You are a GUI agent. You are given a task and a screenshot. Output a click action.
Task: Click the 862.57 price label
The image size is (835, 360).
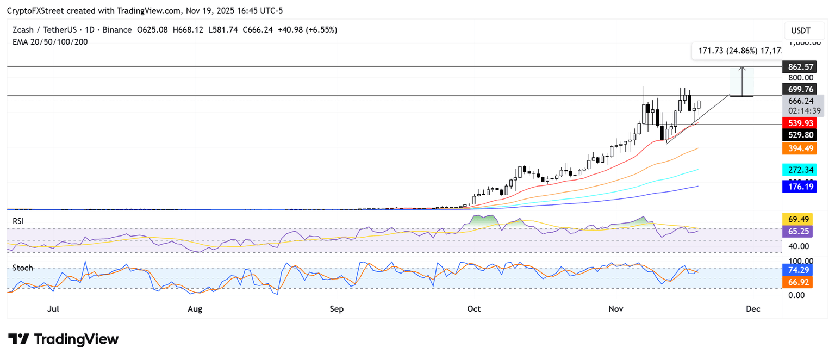(x=801, y=67)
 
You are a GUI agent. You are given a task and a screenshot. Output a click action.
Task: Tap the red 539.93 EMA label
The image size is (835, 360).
(x=797, y=123)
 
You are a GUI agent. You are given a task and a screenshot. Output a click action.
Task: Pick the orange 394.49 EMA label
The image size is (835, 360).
(x=797, y=148)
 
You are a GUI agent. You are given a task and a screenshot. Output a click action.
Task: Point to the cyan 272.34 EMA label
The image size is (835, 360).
(x=797, y=170)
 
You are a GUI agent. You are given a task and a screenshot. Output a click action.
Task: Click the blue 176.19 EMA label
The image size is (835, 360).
(x=797, y=187)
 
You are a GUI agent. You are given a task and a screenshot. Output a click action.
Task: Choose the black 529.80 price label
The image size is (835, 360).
(x=797, y=135)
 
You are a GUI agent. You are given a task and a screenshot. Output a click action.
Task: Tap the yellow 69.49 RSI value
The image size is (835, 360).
(x=797, y=219)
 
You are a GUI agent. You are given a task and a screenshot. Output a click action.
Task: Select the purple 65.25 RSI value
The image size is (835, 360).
(x=797, y=231)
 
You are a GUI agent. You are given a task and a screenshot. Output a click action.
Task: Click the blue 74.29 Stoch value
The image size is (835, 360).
(x=797, y=270)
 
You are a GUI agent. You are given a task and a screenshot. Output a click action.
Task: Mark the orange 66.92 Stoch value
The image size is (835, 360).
(x=797, y=282)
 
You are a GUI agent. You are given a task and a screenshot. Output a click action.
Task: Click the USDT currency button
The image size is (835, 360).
(x=800, y=31)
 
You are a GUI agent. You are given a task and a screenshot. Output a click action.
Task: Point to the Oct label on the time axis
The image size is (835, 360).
(x=474, y=309)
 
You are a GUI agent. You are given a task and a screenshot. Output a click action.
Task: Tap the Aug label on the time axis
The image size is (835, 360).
(x=195, y=309)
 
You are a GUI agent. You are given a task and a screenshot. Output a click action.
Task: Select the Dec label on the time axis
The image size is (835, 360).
(x=753, y=309)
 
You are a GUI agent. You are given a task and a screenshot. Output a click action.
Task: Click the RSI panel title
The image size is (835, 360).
(x=19, y=221)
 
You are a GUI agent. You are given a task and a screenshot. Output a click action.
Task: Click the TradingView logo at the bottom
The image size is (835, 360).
(x=63, y=339)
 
